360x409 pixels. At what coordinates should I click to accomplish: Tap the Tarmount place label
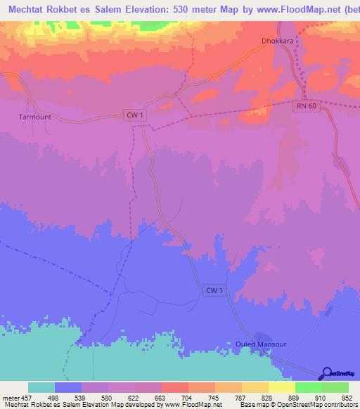[x=35, y=117]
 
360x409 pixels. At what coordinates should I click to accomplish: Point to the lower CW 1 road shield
[x=214, y=290]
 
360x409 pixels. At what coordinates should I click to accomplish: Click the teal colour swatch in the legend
[x=41, y=387]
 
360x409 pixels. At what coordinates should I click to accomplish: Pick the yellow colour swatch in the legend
[x=281, y=387]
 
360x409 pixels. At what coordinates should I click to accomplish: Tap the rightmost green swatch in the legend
[x=335, y=387]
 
